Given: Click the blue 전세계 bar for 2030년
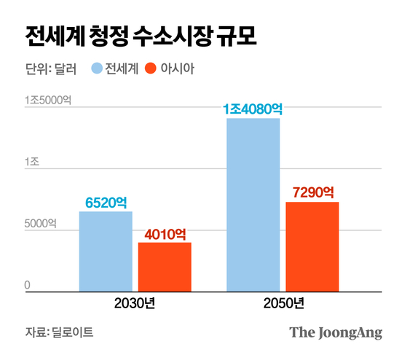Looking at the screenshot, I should click(x=106, y=251).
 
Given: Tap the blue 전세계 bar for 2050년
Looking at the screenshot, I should click(x=253, y=205).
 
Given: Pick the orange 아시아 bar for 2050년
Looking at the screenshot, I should click(x=312, y=246).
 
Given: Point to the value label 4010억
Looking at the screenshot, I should click(x=165, y=235).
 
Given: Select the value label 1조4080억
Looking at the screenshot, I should click(x=253, y=109).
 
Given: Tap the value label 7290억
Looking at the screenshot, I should click(x=312, y=194).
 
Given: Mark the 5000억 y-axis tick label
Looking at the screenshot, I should click(x=41, y=224).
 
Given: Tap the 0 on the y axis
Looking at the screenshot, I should click(x=28, y=284).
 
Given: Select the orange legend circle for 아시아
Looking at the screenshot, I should click(x=151, y=70).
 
